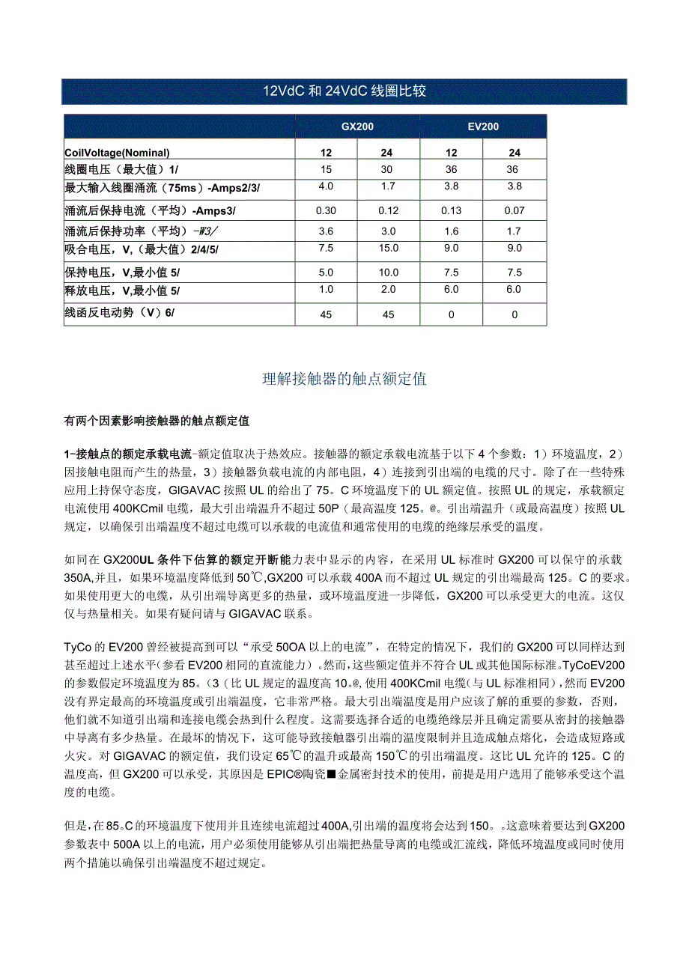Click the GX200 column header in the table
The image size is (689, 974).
(x=357, y=127)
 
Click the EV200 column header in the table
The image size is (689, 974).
(x=483, y=127)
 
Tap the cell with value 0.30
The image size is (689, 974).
(x=326, y=211)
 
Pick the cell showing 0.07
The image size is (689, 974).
(x=515, y=211)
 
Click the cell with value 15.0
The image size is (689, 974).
(x=389, y=248)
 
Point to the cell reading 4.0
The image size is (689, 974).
(x=326, y=186)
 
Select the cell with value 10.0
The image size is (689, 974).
(x=389, y=273)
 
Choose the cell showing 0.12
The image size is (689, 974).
(x=389, y=211)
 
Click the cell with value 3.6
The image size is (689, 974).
(x=326, y=231)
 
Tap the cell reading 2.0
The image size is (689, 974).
(x=389, y=290)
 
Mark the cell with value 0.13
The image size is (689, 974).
(x=452, y=211)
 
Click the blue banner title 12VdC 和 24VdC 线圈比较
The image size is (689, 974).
(x=344, y=91)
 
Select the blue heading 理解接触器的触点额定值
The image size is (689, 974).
(x=344, y=379)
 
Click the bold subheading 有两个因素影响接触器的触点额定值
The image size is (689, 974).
(x=157, y=421)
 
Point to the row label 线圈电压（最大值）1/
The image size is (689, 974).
(x=122, y=170)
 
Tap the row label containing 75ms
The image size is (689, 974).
(x=163, y=186)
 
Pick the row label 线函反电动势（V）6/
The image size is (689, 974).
(x=120, y=314)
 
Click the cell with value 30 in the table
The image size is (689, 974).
(x=389, y=170)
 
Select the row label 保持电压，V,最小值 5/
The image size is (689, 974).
(x=123, y=273)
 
